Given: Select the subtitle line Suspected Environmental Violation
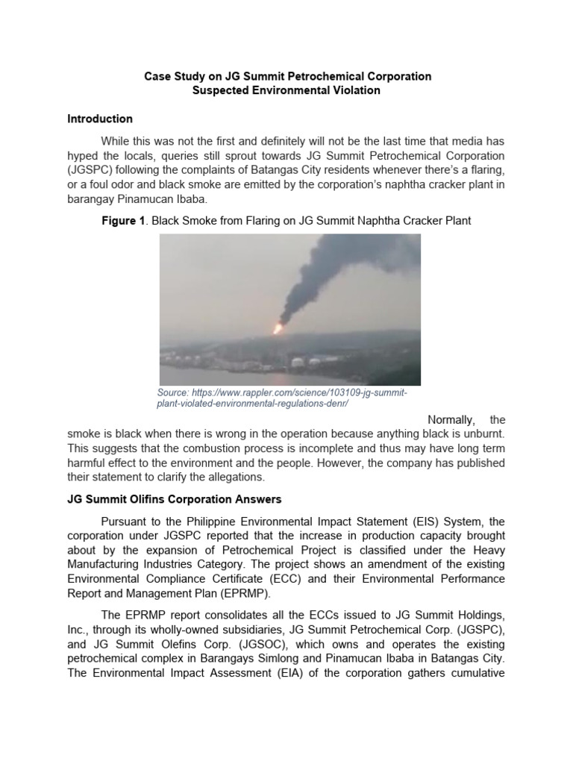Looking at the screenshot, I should (286, 90).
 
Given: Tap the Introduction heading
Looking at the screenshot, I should (100, 119).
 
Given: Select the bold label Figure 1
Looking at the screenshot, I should (127, 222).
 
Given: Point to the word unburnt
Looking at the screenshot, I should (481, 433).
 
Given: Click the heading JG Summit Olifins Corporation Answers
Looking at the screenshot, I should (174, 499).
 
